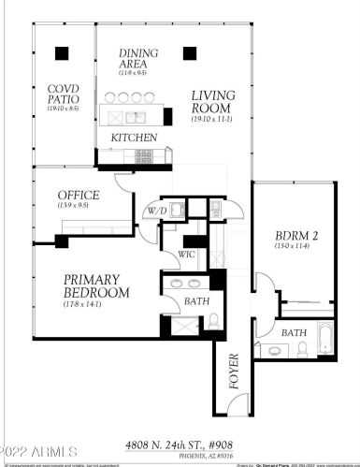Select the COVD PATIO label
pos(64,95)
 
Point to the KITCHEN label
pos(134,138)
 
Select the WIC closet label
pos(185,254)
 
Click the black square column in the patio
pos(62,52)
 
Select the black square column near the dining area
pos(190,52)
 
